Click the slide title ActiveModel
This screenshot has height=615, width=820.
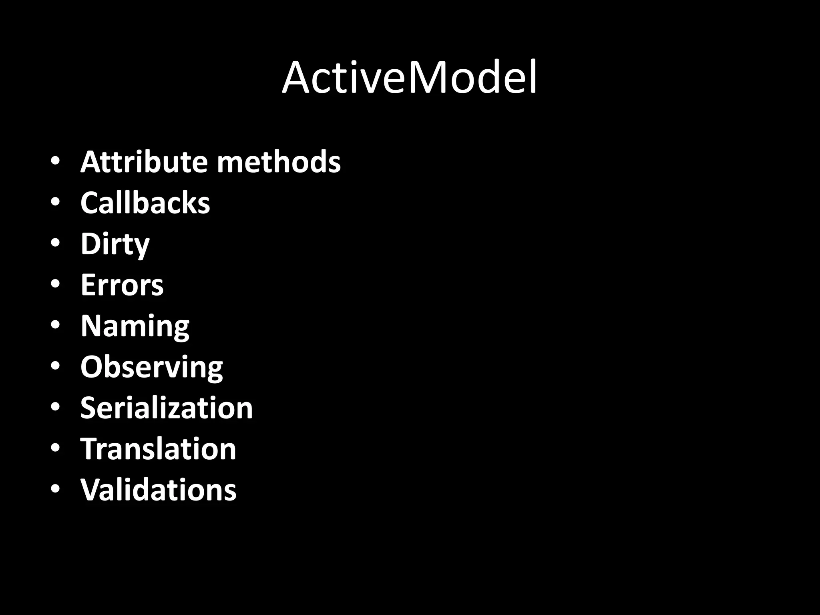(x=409, y=78)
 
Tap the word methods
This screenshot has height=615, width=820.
(x=279, y=162)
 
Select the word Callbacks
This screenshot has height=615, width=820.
(x=145, y=203)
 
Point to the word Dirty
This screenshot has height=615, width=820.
(x=115, y=244)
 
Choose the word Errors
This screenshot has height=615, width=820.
(x=122, y=285)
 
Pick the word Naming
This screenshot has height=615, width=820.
(x=135, y=327)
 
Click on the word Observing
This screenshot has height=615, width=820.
(x=151, y=368)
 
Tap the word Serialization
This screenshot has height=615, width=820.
(x=167, y=408)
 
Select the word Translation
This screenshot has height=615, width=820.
(x=158, y=449)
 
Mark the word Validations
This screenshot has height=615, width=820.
(x=158, y=490)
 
